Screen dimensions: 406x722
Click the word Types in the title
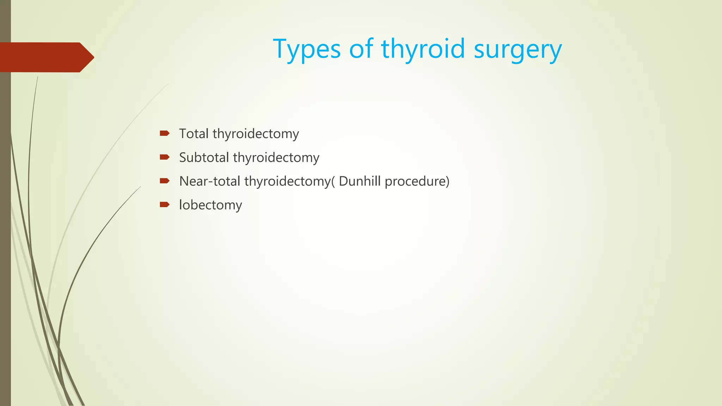coord(307,49)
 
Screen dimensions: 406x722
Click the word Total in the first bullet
coord(194,134)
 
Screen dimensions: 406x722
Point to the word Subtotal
coord(204,157)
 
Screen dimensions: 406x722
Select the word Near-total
coord(210,181)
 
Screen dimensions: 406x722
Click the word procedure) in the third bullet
coord(417,182)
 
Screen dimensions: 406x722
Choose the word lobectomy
coord(210,205)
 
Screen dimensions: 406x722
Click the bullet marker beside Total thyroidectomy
coord(165,133)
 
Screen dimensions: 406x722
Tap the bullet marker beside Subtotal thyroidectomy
coord(165,157)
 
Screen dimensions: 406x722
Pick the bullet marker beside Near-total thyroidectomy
coord(165,181)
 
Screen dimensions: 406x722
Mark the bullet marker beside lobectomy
coord(165,204)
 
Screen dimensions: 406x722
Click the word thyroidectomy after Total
coord(256,134)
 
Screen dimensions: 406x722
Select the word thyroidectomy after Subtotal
coord(276,158)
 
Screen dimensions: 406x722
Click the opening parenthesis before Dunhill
coord(333,182)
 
